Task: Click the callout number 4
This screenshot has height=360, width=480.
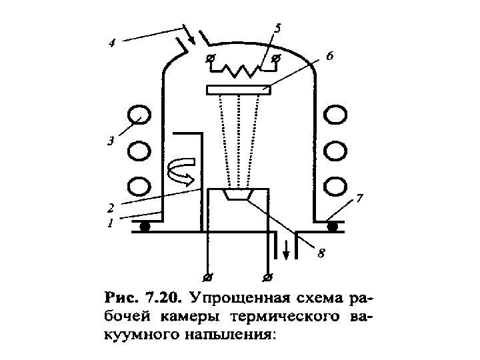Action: pyautogui.click(x=113, y=45)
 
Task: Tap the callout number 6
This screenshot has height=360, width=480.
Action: pyautogui.click(x=329, y=58)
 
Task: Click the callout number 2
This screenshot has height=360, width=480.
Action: pyautogui.click(x=113, y=207)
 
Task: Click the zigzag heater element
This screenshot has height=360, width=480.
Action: pyautogui.click(x=242, y=67)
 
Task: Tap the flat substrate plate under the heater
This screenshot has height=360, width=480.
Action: pyautogui.click(x=239, y=89)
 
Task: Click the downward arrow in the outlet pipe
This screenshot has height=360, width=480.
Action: pyautogui.click(x=287, y=251)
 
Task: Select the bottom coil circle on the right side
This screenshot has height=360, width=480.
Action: pyautogui.click(x=335, y=184)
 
